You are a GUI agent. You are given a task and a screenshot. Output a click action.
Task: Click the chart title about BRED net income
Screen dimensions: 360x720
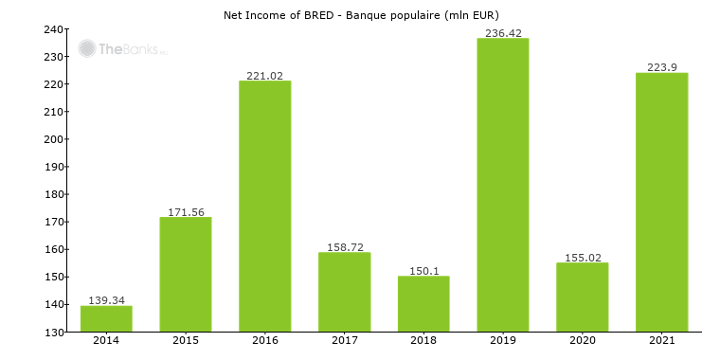[x=360, y=15]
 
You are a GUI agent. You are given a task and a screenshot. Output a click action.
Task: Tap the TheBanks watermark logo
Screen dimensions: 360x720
[x=121, y=48]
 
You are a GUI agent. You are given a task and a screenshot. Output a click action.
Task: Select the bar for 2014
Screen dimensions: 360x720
[x=106, y=319]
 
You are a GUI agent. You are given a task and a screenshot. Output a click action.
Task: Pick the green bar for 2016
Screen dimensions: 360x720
[x=264, y=207]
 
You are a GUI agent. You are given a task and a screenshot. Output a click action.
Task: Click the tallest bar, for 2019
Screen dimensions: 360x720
[x=502, y=186]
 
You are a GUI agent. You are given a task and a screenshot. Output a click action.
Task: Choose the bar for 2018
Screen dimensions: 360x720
[x=423, y=304]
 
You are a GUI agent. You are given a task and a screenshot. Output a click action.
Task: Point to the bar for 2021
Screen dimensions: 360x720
[x=661, y=203]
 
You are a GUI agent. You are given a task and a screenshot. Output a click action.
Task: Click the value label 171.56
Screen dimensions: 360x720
[x=186, y=211]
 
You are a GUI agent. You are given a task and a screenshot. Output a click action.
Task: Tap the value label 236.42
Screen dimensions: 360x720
[x=502, y=32]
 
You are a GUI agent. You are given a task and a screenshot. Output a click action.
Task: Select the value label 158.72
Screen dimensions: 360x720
[x=344, y=246]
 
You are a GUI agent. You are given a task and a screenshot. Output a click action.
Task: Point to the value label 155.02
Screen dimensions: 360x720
[x=582, y=257]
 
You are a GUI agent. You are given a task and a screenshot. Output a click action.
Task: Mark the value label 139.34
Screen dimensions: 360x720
[x=106, y=299]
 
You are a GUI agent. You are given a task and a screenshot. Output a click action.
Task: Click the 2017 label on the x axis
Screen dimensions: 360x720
[x=344, y=341]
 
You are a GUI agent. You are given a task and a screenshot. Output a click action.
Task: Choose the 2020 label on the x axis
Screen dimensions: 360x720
[x=582, y=341]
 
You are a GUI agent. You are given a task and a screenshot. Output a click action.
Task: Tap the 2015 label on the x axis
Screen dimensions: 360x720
[x=186, y=341]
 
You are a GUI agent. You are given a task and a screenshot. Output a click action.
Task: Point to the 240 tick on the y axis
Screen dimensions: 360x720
[x=54, y=29]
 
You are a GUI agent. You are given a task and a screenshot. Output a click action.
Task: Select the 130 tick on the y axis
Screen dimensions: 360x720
[x=54, y=333]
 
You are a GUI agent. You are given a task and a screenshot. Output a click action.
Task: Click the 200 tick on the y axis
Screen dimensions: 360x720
[x=54, y=139]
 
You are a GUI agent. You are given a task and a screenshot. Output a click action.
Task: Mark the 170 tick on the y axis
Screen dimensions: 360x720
[x=54, y=223]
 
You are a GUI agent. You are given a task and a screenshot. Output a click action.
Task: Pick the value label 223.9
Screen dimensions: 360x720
[x=661, y=66]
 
